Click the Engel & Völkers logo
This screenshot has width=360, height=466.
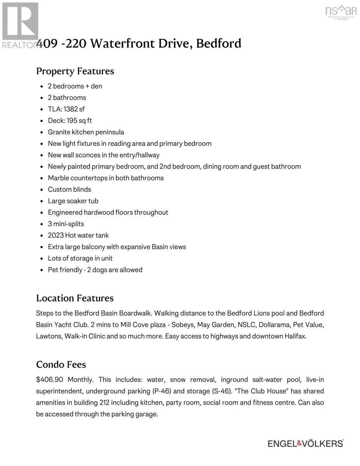point(306,443)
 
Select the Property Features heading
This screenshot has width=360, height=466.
point(75,71)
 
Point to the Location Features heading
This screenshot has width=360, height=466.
point(75,298)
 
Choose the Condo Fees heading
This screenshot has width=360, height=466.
point(61,365)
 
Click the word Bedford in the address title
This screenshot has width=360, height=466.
point(218,43)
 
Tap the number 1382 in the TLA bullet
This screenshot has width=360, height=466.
point(71,109)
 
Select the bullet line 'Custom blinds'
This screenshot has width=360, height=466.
point(70,190)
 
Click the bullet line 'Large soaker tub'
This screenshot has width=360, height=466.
point(73,201)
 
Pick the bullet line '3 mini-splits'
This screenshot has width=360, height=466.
point(66,224)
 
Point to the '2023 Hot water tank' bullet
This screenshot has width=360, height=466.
point(78,235)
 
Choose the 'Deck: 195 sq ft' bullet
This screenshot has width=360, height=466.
point(70,121)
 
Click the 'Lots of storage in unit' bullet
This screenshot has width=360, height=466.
point(80,258)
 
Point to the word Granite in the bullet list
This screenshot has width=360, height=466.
point(59,132)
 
